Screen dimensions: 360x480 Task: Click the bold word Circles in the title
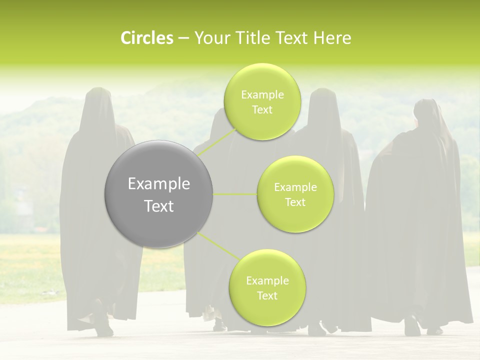tap(146, 38)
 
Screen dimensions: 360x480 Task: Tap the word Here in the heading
tap(332, 38)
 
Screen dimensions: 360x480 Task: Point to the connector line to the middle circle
tap(235, 194)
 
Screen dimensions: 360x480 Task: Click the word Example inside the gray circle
tap(159, 184)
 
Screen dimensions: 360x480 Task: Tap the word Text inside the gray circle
tap(159, 206)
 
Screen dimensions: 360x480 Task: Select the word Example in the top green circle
tap(262, 95)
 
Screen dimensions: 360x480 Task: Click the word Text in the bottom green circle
tap(267, 295)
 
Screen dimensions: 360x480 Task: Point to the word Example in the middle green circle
tap(295, 187)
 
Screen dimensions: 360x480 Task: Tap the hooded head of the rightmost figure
tap(426, 112)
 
